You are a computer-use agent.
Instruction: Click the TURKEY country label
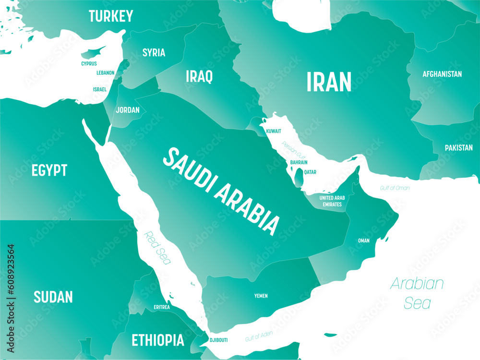(x=111, y=16)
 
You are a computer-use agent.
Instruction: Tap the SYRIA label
(x=154, y=53)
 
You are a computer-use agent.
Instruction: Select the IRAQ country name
(x=199, y=76)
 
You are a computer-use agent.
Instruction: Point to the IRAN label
(x=329, y=82)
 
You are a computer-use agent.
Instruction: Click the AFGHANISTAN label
(x=442, y=74)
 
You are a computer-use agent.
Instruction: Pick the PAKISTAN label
(x=458, y=148)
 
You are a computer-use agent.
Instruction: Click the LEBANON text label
(x=106, y=73)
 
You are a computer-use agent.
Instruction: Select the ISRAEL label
(x=100, y=89)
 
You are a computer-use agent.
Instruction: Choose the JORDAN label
(x=128, y=110)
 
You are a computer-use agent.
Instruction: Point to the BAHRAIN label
(x=299, y=162)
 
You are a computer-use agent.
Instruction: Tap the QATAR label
(x=310, y=172)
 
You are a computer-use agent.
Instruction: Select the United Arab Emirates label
(x=332, y=201)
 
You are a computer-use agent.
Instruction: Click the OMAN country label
(x=364, y=240)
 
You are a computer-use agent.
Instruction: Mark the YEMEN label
(x=261, y=296)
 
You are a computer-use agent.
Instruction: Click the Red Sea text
(x=157, y=248)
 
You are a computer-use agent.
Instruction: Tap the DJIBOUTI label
(x=218, y=340)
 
